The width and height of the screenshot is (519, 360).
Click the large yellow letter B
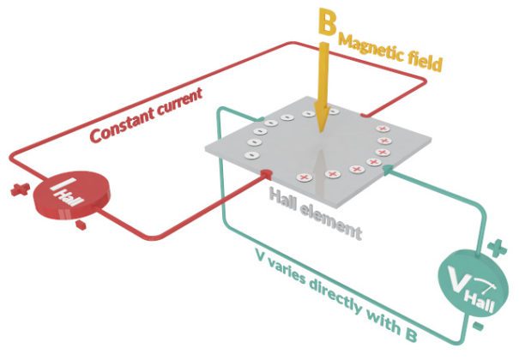[x=326, y=23]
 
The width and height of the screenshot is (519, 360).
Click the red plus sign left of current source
[x=15, y=189]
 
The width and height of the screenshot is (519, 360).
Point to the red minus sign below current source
[x=80, y=225]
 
